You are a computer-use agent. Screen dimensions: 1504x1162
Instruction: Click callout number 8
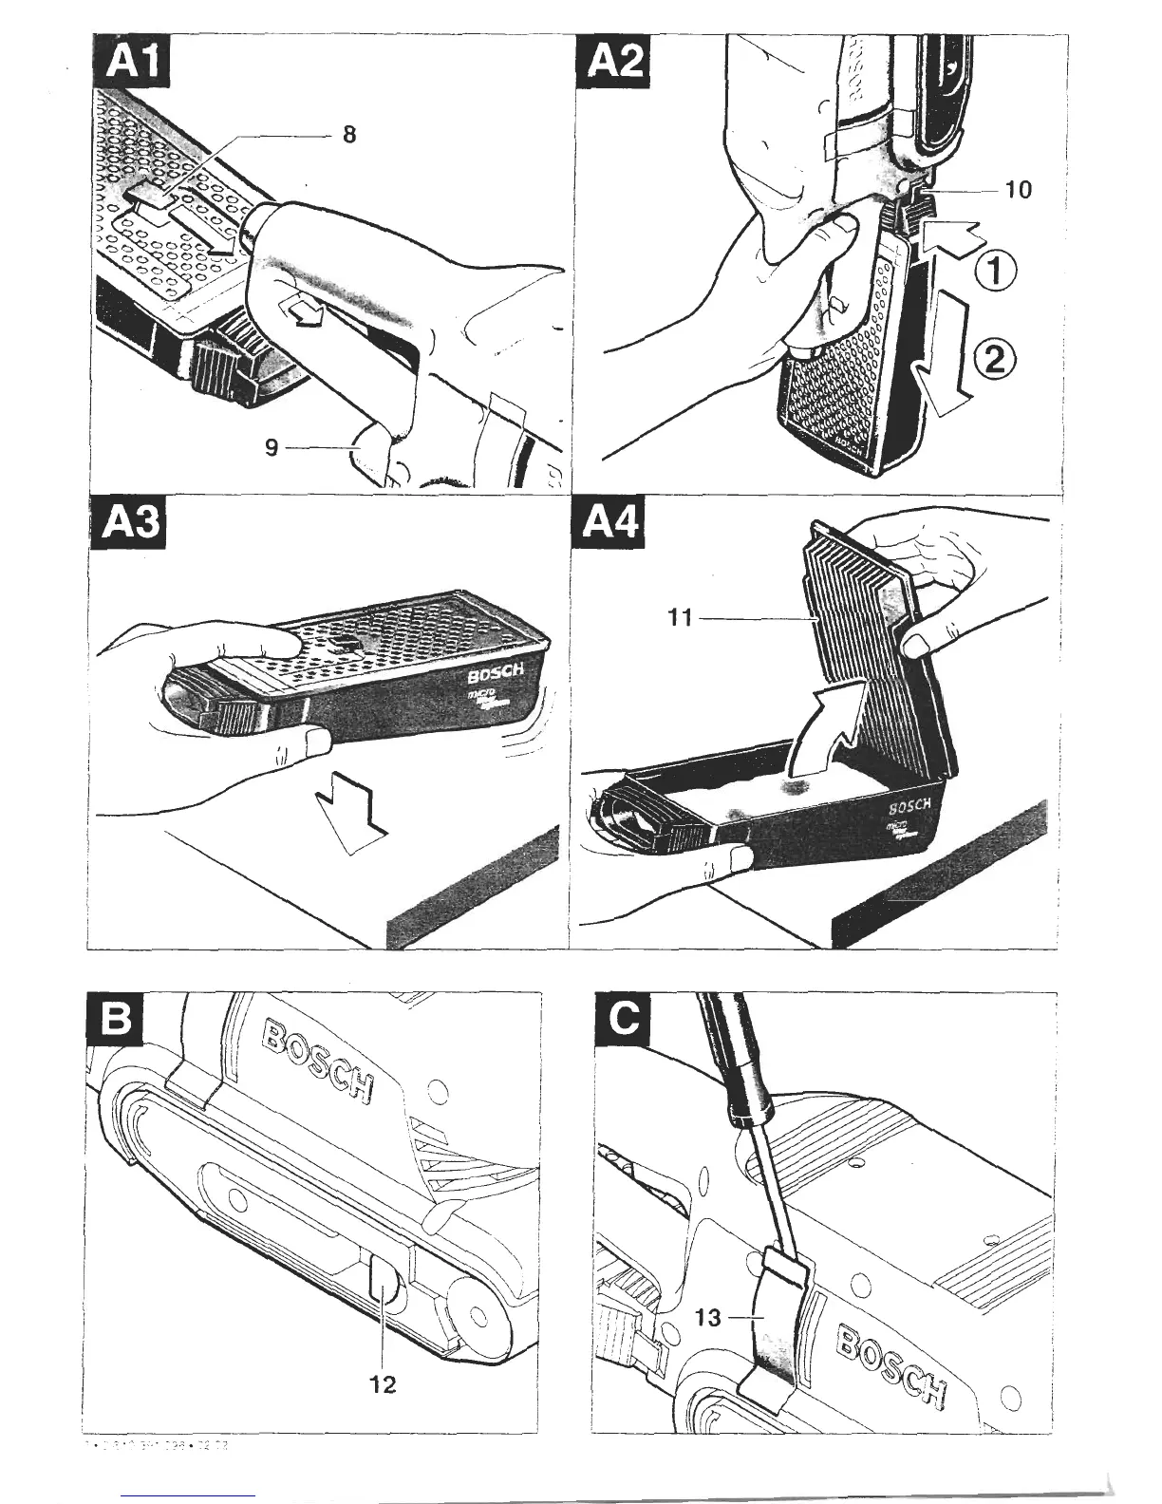[348, 135]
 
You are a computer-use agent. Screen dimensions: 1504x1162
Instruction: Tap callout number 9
[272, 446]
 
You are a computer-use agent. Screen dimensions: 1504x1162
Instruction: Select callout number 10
[1017, 190]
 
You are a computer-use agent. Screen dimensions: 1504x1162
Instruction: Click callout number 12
[383, 1383]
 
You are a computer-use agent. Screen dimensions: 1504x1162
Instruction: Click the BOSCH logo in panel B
[319, 1062]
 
